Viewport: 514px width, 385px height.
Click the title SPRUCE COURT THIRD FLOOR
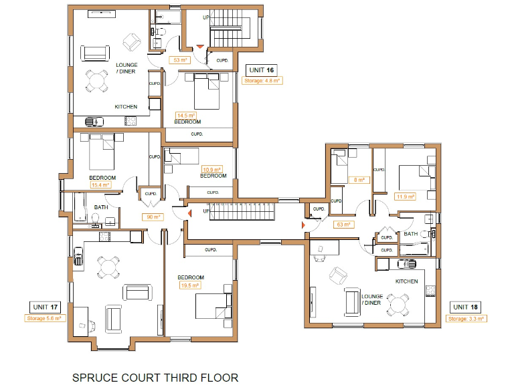(155, 378)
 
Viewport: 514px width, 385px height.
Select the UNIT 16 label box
(261, 70)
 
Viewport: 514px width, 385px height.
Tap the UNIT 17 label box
(46, 307)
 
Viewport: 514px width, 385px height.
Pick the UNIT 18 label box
(466, 307)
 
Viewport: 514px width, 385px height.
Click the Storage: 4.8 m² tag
(262, 80)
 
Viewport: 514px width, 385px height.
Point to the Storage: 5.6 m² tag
(46, 319)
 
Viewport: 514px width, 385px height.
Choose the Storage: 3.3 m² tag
(466, 319)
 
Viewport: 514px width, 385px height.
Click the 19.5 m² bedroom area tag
(190, 285)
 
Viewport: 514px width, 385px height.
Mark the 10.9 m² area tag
(212, 169)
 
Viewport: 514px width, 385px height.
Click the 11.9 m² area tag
(406, 197)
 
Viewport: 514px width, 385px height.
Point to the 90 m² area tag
(154, 217)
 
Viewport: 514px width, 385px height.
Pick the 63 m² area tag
(344, 225)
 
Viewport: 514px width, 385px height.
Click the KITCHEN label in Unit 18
(406, 281)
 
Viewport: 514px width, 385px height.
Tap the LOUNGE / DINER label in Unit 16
(126, 68)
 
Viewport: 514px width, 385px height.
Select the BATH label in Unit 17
(101, 207)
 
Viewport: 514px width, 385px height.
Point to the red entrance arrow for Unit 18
(303, 226)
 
